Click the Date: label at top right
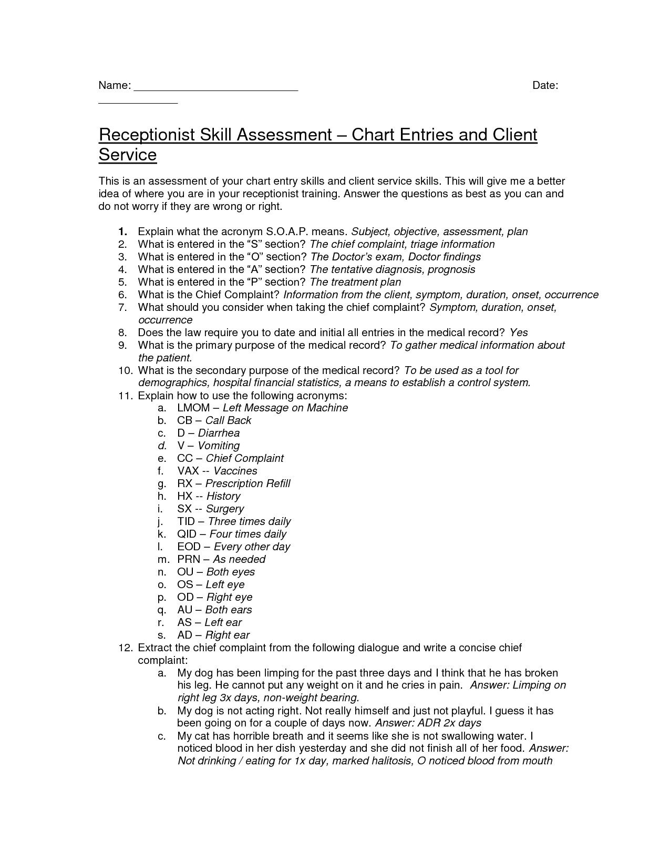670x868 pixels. (x=545, y=86)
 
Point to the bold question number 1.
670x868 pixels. (x=122, y=231)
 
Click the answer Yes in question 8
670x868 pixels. (x=519, y=332)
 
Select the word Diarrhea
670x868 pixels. (x=219, y=433)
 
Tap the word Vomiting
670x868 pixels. (x=219, y=446)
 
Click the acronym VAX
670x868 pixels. (x=188, y=471)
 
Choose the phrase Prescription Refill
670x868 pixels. (x=248, y=483)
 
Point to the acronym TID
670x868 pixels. (x=186, y=521)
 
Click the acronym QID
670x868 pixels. (x=187, y=534)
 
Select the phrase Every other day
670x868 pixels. (x=252, y=547)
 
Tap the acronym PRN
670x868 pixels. (x=189, y=559)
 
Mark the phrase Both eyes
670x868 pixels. (x=231, y=572)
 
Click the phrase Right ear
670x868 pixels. (x=227, y=635)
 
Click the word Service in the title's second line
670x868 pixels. (x=128, y=155)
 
